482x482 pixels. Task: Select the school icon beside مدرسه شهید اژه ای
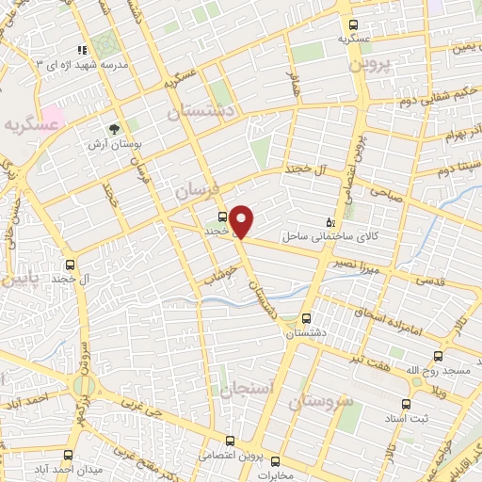[83, 49]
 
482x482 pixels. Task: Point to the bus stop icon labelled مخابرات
[276, 461]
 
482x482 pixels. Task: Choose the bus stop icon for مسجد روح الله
[439, 356]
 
